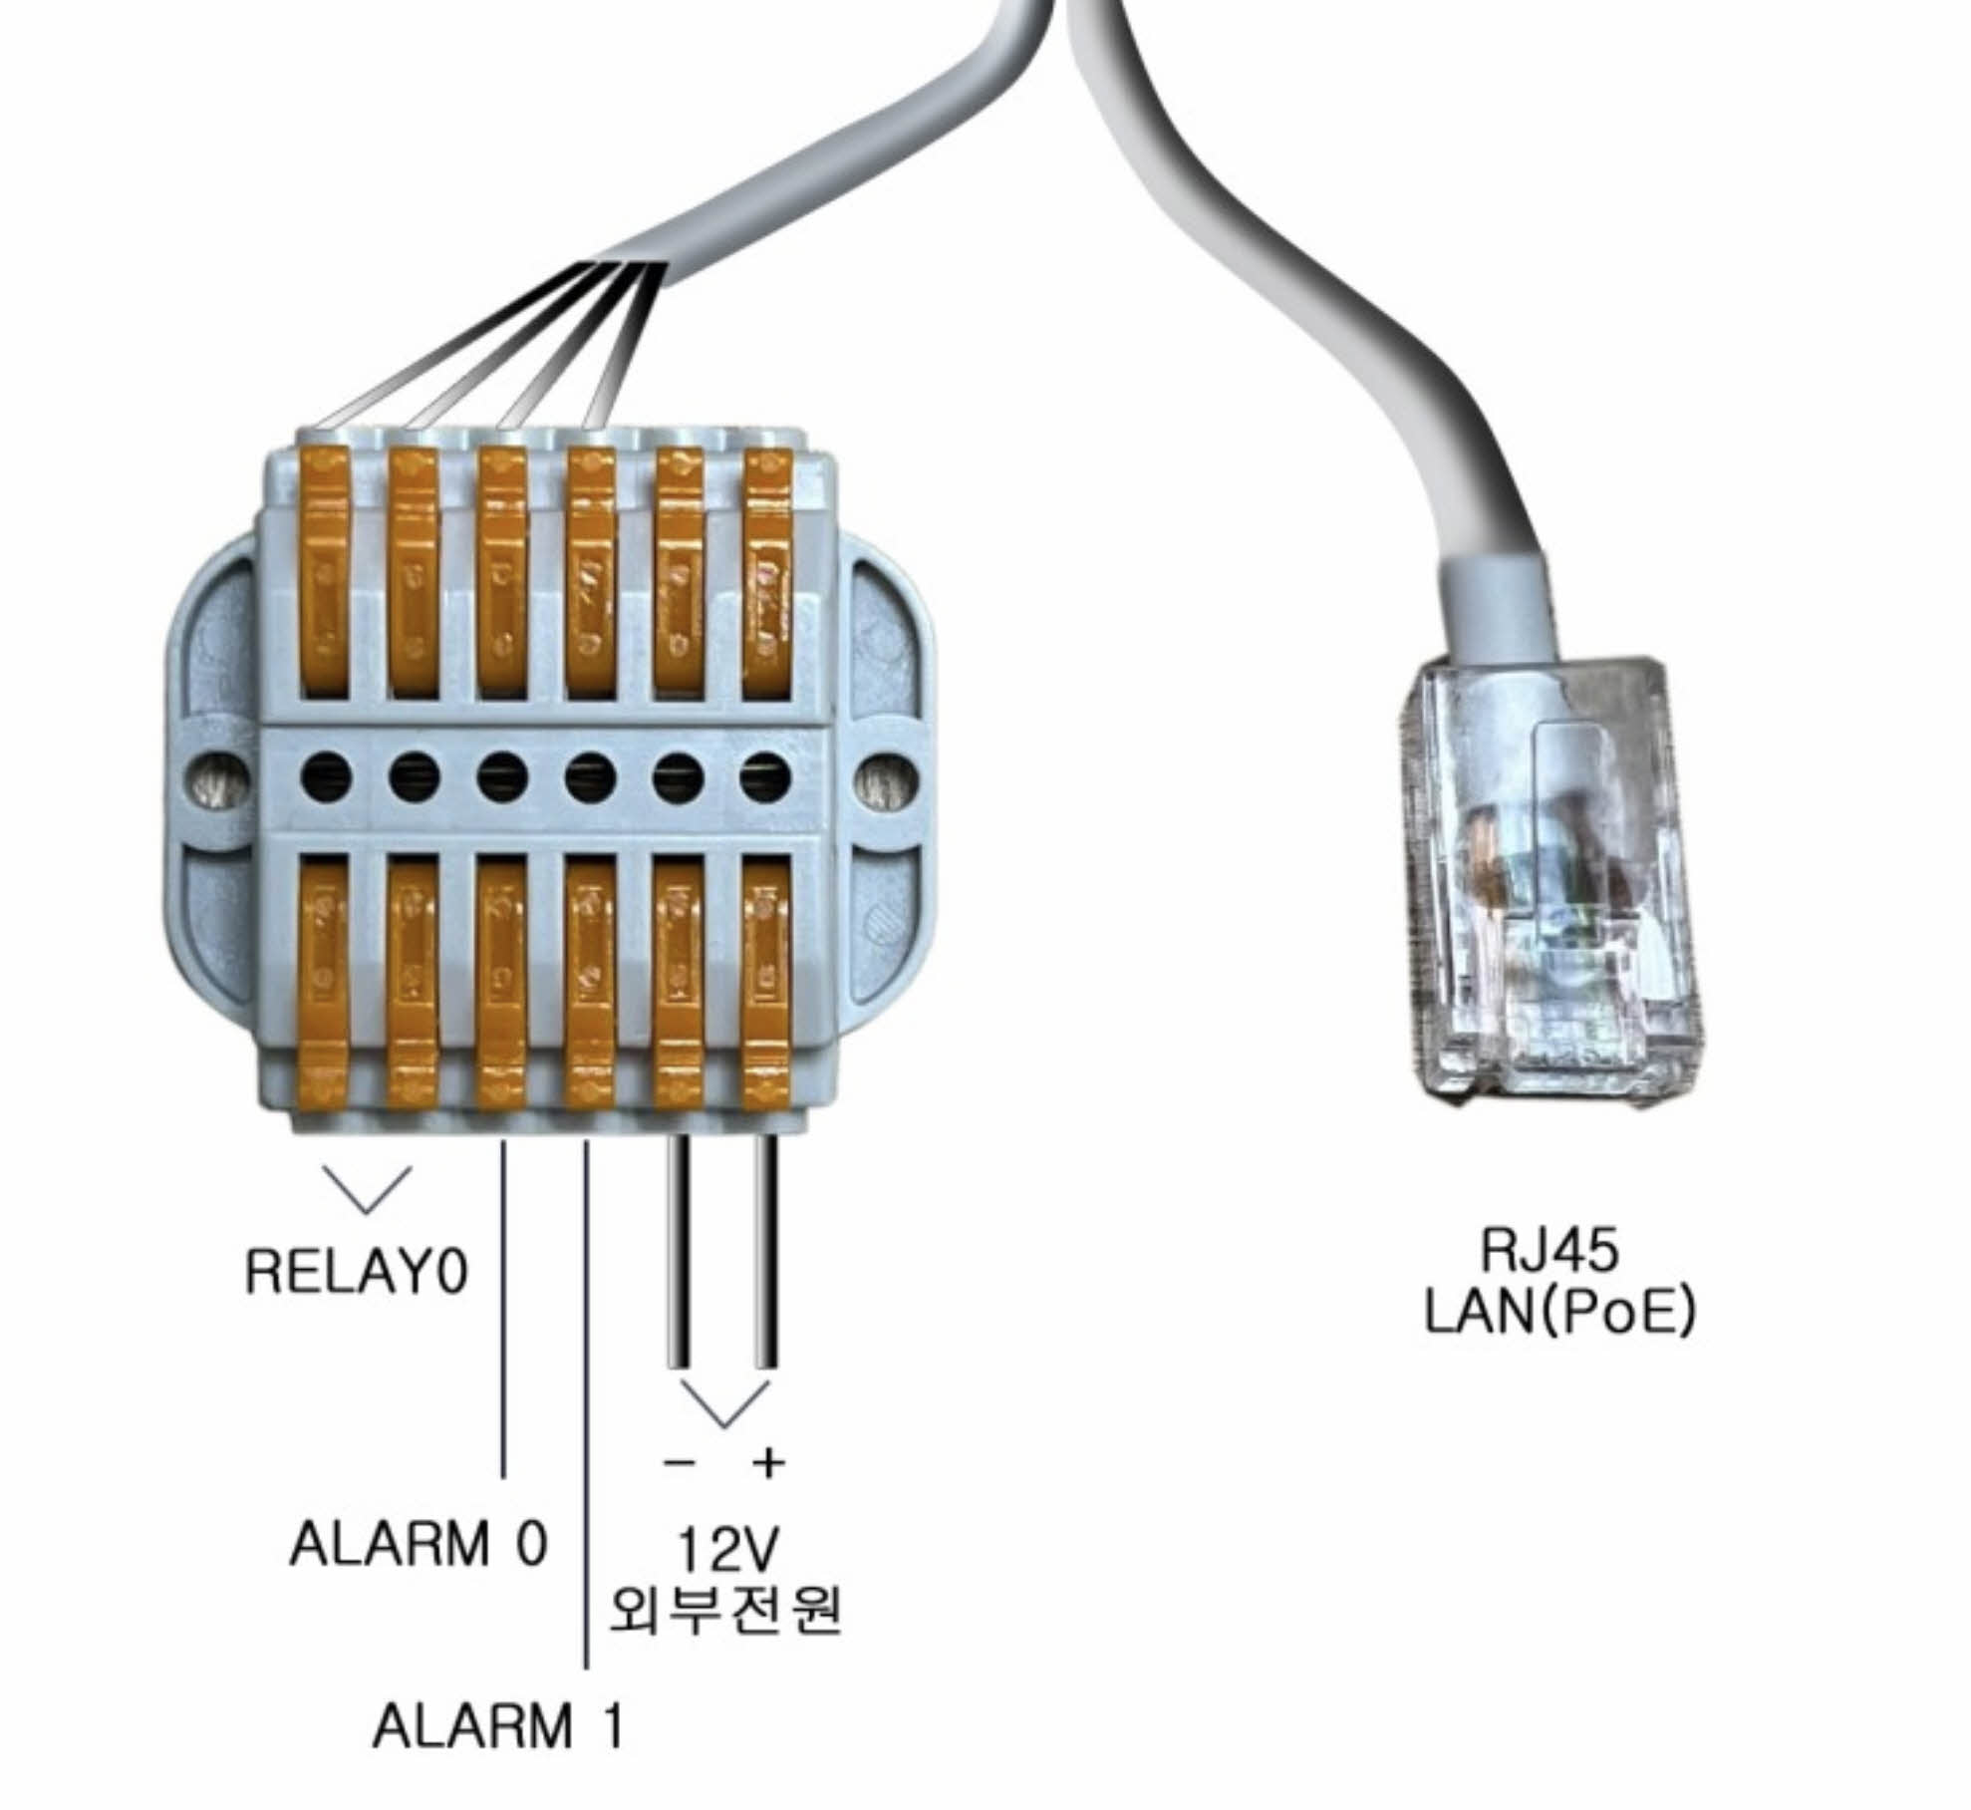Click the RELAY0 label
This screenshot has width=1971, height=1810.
click(x=356, y=1273)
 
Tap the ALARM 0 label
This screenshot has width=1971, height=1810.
click(x=419, y=1545)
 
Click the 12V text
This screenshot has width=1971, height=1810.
click(x=727, y=1551)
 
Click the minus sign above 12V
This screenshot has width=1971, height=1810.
click(x=680, y=1463)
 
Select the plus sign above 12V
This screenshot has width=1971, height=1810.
click(x=768, y=1463)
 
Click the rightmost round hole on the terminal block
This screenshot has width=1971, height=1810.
click(x=765, y=774)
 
